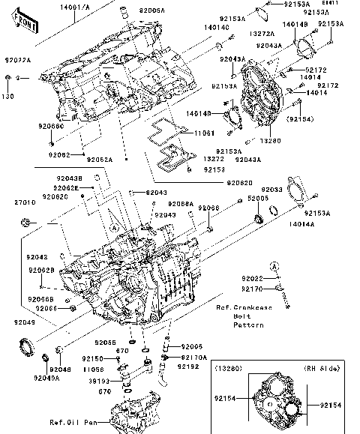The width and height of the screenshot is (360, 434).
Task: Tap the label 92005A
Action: point(154,12)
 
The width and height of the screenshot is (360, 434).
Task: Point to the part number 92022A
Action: point(17,59)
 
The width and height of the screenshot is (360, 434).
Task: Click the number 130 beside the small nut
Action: point(7,96)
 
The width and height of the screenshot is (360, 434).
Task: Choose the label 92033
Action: point(271,190)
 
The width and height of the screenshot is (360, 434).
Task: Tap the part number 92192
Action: point(188,367)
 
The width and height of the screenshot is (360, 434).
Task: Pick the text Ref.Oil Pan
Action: point(71,421)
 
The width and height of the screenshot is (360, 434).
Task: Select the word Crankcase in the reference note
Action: point(259,307)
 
